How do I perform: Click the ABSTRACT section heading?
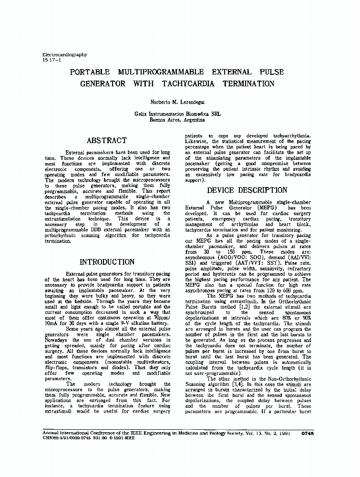pos(106,141)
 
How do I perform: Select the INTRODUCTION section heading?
pos(107,262)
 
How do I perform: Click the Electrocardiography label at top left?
pos(65,55)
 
